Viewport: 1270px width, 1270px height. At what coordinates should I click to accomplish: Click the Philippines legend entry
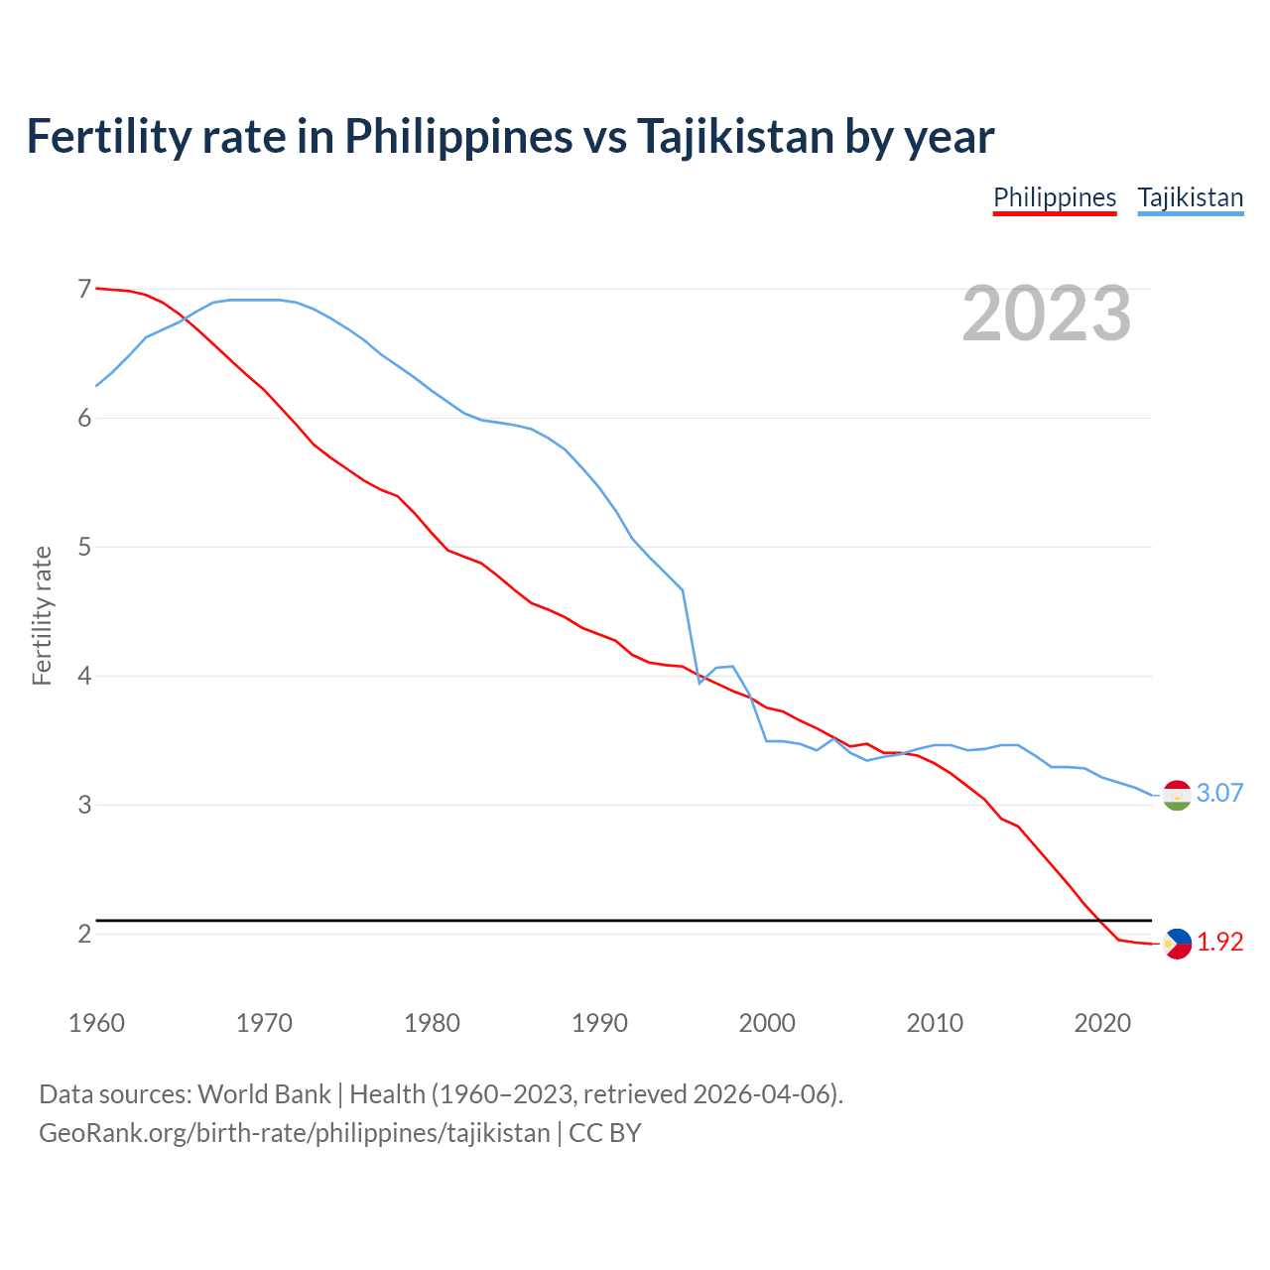(x=1055, y=197)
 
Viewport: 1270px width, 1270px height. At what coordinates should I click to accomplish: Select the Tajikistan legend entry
(x=1190, y=197)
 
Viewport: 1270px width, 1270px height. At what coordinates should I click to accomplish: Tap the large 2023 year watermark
(x=1047, y=314)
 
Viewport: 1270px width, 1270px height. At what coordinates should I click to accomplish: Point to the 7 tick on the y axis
(x=84, y=289)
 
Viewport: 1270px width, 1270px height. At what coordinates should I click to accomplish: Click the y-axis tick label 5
(x=84, y=547)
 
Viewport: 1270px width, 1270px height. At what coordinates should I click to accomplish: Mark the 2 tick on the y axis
(x=84, y=934)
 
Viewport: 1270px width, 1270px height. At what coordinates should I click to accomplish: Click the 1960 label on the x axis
(x=96, y=1023)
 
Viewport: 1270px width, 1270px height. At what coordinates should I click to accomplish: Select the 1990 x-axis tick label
(x=599, y=1023)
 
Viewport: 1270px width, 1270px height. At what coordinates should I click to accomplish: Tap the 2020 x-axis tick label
(x=1102, y=1023)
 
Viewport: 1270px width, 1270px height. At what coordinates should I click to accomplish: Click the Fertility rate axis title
(x=42, y=615)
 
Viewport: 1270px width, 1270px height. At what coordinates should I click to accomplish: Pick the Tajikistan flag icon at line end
(x=1177, y=795)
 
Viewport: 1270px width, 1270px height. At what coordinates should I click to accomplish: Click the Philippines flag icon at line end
(x=1177, y=943)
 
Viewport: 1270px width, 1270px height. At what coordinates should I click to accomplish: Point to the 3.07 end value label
(x=1219, y=793)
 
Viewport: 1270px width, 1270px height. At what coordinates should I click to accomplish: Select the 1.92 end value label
(x=1219, y=942)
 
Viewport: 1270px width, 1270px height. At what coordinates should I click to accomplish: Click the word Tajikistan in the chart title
(x=734, y=136)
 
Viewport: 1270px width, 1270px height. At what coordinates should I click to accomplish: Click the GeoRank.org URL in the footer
(x=294, y=1132)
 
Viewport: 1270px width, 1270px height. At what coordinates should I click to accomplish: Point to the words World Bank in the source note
(x=264, y=1093)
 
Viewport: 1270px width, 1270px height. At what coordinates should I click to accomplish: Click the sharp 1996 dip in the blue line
(x=699, y=683)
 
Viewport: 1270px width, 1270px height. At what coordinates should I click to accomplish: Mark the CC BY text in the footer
(x=605, y=1132)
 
